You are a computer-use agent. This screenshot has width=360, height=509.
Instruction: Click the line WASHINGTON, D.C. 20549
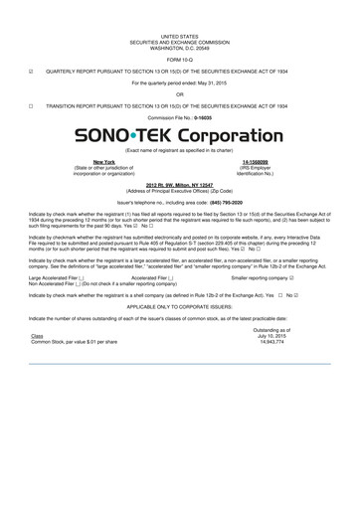point(180,45)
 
